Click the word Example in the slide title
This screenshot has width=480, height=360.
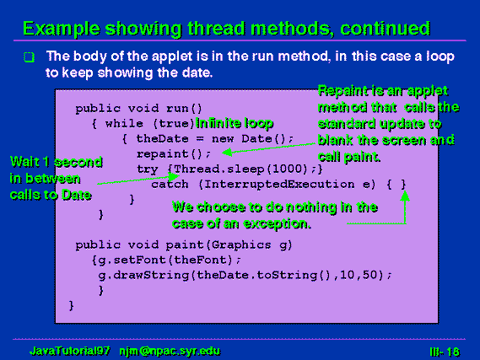point(62,29)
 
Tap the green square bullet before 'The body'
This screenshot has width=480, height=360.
point(29,56)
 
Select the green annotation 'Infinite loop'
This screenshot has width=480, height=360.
point(235,123)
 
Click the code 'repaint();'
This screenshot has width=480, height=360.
point(174,153)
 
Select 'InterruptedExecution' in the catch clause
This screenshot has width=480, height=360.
point(279,185)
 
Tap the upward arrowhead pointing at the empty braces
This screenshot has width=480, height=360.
point(405,196)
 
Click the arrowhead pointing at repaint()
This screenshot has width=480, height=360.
point(227,152)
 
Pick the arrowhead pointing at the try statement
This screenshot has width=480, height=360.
point(174,176)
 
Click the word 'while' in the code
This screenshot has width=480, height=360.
point(124,124)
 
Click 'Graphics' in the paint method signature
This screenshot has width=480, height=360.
point(241,245)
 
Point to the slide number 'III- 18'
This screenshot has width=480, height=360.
point(445,352)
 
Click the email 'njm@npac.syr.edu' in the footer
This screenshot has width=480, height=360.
point(170,351)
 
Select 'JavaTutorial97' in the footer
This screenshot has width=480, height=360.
point(69,351)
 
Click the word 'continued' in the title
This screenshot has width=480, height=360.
point(386,29)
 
